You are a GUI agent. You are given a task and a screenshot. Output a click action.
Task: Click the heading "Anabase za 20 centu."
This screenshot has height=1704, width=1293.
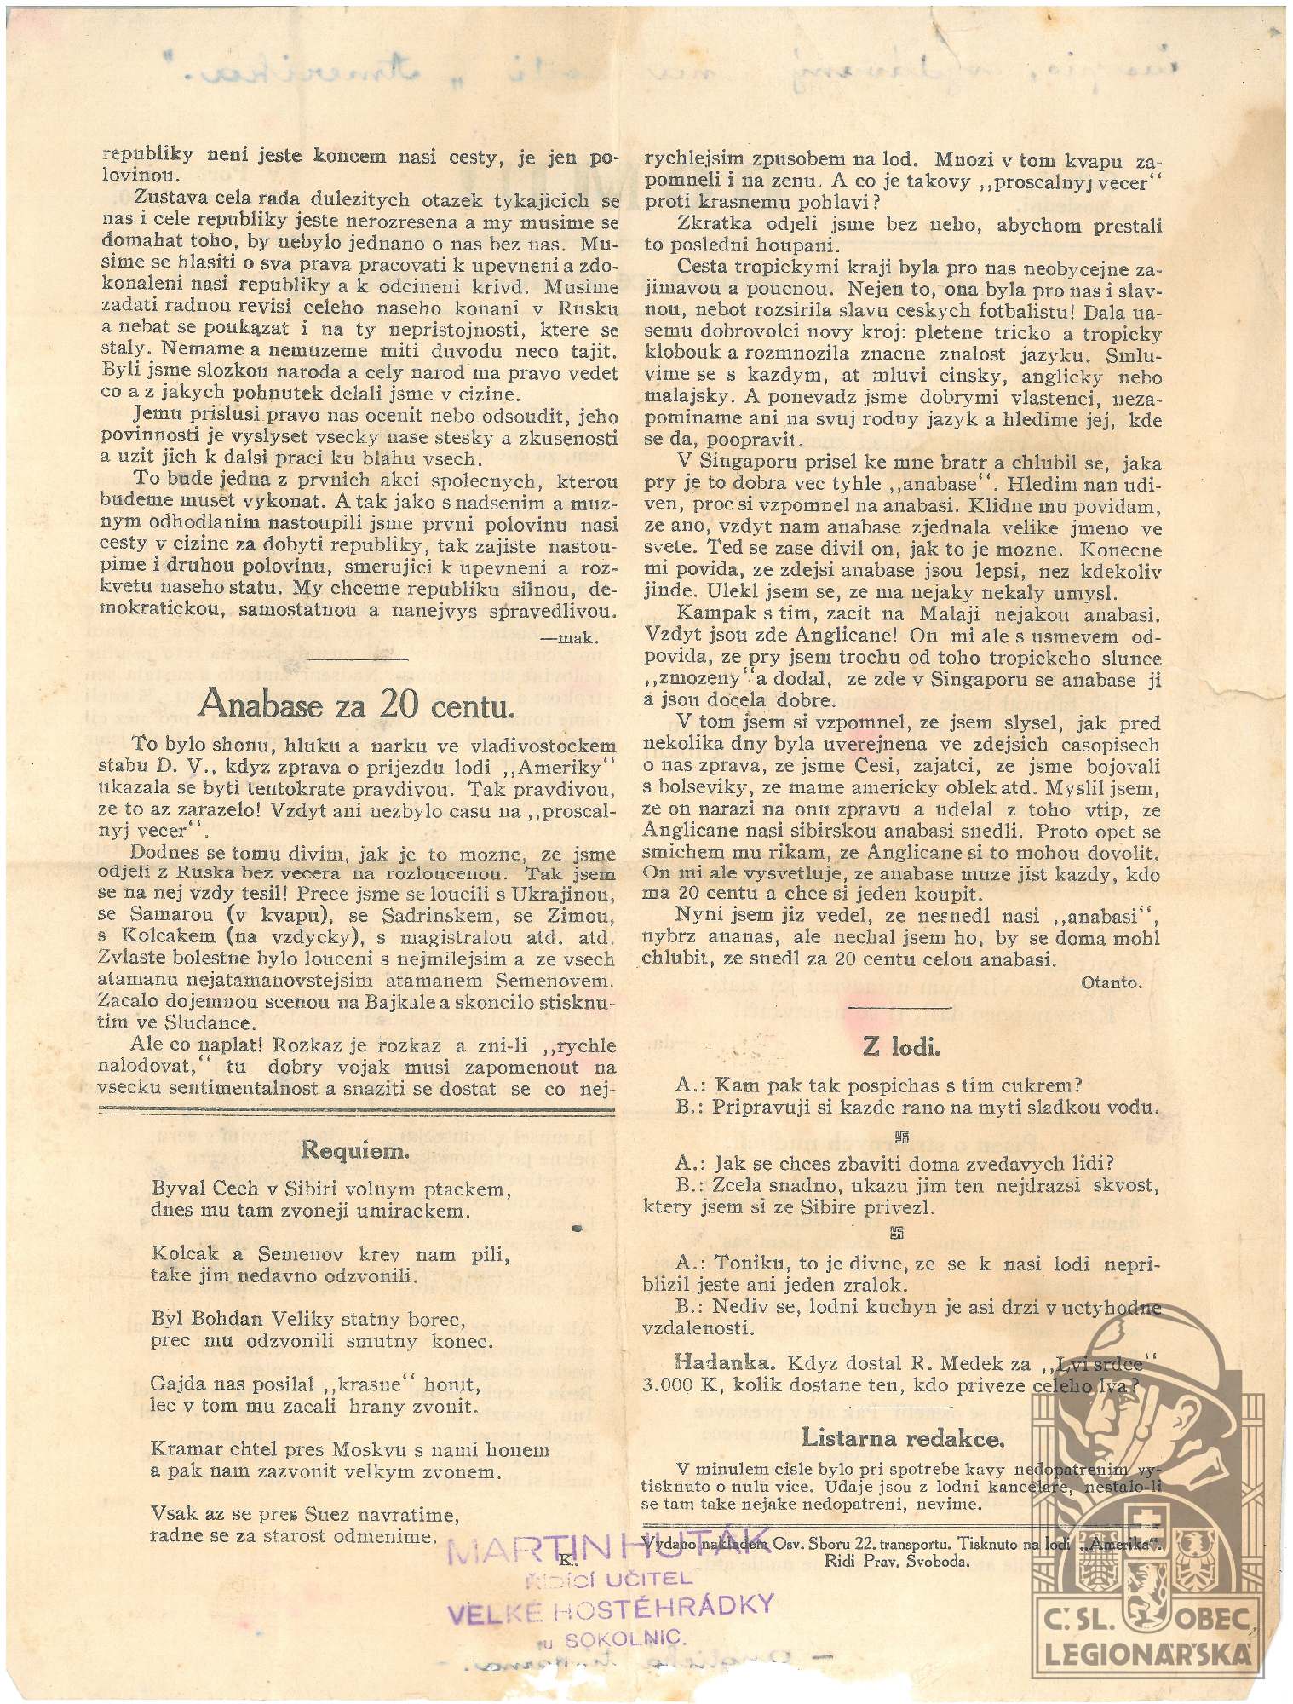coord(357,705)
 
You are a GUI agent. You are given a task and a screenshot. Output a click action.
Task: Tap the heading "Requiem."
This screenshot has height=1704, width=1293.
coord(356,1150)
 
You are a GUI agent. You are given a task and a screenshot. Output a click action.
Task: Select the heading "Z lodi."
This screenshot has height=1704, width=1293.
coord(902,1047)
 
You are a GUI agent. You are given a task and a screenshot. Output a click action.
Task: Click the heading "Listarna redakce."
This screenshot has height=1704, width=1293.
coord(903,1438)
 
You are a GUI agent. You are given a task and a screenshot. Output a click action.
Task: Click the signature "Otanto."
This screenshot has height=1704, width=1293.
coord(1110,982)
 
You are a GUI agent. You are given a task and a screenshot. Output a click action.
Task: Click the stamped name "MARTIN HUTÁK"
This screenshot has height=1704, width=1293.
coord(607,1552)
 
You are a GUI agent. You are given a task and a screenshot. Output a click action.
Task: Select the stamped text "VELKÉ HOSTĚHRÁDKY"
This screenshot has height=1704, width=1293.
coord(611,1607)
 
